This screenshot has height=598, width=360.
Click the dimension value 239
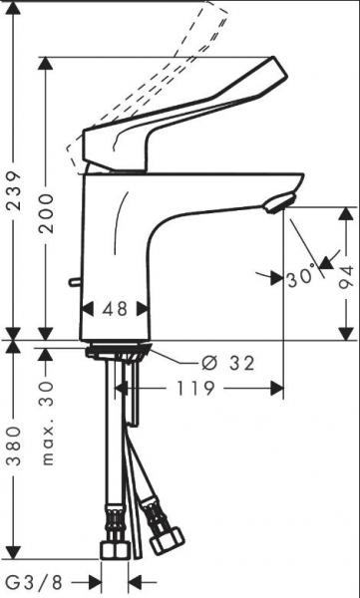[x=15, y=190]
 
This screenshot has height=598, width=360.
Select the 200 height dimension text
[x=47, y=213]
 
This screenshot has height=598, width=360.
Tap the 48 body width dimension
[x=115, y=309]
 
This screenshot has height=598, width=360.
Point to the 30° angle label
[x=301, y=277]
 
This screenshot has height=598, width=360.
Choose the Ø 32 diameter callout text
[x=228, y=364]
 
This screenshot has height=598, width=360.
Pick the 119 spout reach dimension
[x=195, y=389]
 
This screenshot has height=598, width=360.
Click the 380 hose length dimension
[x=15, y=447]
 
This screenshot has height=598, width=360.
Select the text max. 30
[x=47, y=423]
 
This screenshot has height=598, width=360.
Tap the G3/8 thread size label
[x=35, y=583]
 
